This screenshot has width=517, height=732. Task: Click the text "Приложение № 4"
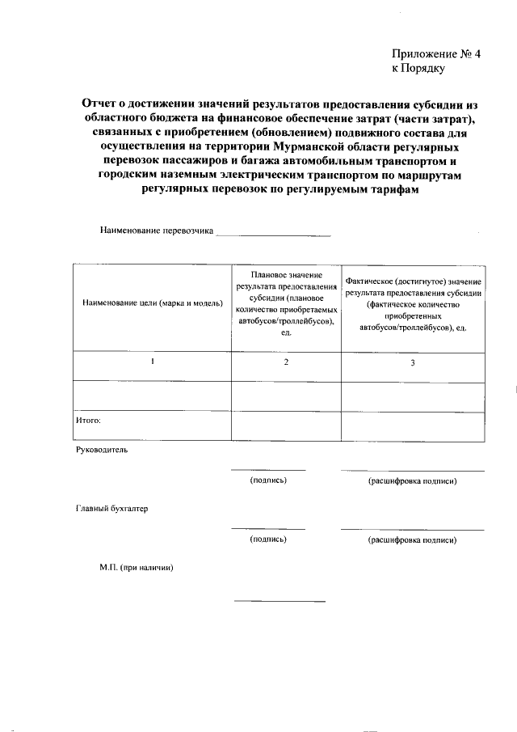click(435, 54)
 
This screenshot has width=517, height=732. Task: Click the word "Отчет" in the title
click(102, 104)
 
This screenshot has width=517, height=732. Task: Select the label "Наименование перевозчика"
click(157, 231)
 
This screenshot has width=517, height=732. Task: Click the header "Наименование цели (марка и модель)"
click(152, 303)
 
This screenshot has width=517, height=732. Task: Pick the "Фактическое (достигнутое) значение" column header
click(413, 281)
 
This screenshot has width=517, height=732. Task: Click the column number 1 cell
click(152, 362)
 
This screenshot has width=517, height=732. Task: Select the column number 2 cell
click(286, 362)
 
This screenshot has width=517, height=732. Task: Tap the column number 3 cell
click(413, 362)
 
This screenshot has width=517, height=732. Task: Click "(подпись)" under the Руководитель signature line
click(269, 481)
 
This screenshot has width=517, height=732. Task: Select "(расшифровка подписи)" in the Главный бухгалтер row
click(412, 539)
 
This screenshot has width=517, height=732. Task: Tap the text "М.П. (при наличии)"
click(131, 568)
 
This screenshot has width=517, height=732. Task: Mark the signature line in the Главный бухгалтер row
click(268, 528)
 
